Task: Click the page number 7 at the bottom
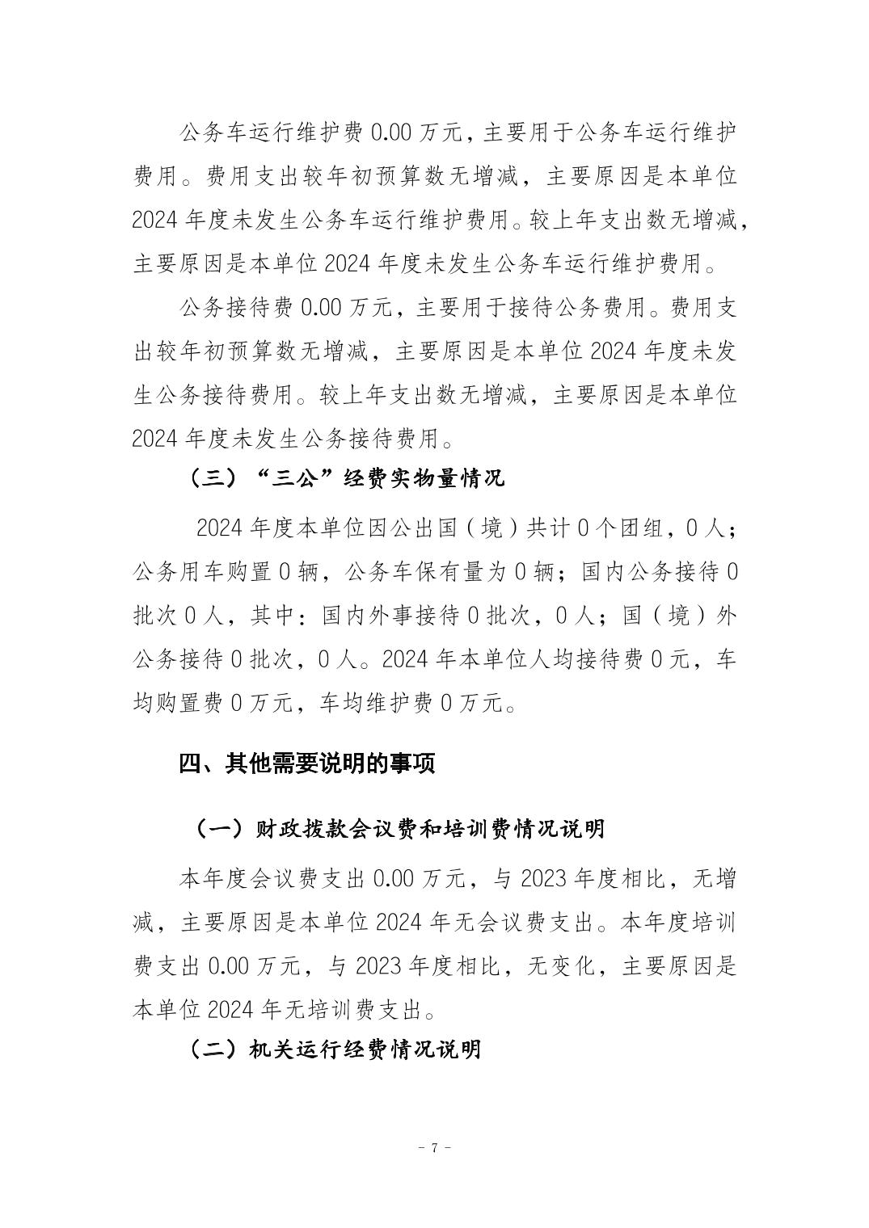click(434, 1147)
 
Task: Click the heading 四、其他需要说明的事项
click(307, 763)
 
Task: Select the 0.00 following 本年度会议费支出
click(392, 878)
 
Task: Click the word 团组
click(640, 529)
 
